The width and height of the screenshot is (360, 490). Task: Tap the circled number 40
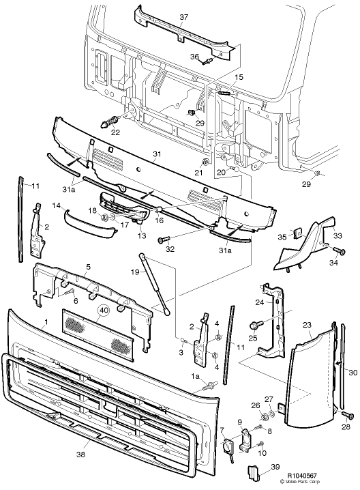pyautogui.click(x=103, y=310)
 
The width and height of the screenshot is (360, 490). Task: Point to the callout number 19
pyautogui.click(x=135, y=272)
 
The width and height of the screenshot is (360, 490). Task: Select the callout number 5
pyautogui.click(x=88, y=268)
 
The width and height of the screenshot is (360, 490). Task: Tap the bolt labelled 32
pyautogui.click(x=162, y=240)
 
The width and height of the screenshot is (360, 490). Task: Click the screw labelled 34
pyautogui.click(x=334, y=252)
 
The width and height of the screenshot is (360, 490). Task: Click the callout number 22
pyautogui.click(x=115, y=132)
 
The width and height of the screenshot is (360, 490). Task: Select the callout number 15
pyautogui.click(x=239, y=78)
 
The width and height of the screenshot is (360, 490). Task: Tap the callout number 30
pyautogui.click(x=352, y=373)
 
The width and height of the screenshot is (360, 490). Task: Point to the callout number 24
pyautogui.click(x=259, y=302)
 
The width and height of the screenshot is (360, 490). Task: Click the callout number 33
pyautogui.click(x=337, y=236)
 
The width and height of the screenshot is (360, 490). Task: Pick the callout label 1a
pyautogui.click(x=195, y=376)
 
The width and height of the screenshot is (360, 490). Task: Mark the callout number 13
pyautogui.click(x=142, y=235)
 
